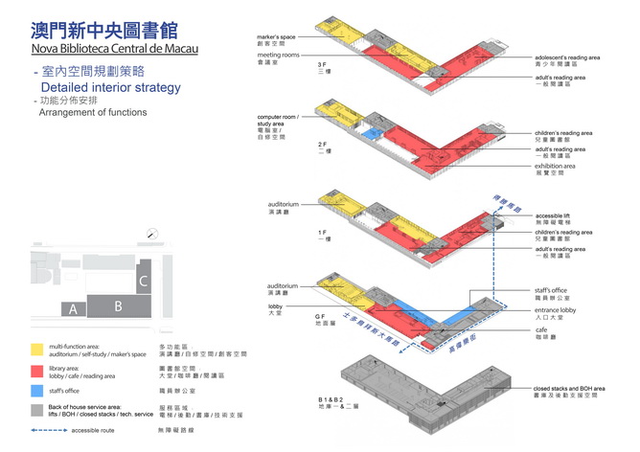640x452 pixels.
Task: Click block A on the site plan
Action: pyautogui.click(x=73, y=309)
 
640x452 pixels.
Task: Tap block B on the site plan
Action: pyautogui.click(x=118, y=306)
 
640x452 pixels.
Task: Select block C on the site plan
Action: pyautogui.click(x=143, y=281)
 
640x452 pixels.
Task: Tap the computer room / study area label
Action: pyautogui.click(x=277, y=123)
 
